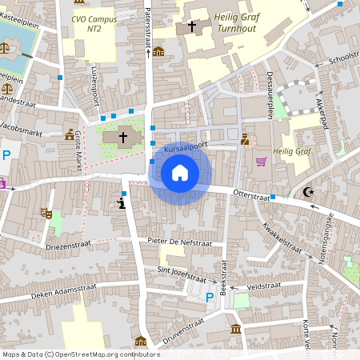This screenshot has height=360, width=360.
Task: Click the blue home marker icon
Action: (180, 173)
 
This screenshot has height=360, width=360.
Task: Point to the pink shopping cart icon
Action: (261, 161)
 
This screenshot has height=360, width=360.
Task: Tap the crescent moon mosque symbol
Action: (308, 191)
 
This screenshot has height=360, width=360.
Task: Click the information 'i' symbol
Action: (122, 202)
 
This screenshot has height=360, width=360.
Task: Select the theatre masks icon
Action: (46, 214)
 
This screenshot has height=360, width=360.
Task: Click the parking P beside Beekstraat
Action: (210, 298)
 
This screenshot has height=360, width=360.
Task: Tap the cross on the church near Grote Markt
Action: (122, 137)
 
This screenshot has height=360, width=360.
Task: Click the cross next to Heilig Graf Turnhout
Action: (191, 26)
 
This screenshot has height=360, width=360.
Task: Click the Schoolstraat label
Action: (343, 60)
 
